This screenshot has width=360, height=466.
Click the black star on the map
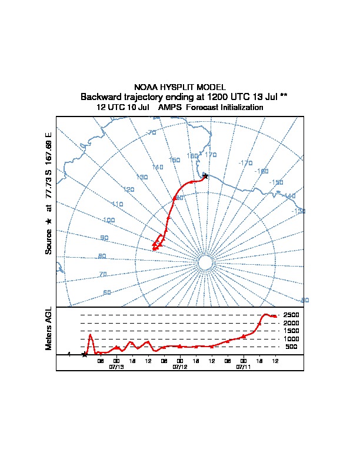click(x=205, y=175)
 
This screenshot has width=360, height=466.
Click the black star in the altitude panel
click(x=85, y=354)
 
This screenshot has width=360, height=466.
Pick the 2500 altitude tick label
click(x=291, y=315)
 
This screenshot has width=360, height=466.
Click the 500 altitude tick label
click(x=292, y=347)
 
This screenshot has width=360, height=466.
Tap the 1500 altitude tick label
click(x=291, y=331)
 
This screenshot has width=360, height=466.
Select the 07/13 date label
click(x=116, y=366)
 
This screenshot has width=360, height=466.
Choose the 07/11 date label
click(x=244, y=366)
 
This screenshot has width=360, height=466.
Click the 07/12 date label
click(x=180, y=366)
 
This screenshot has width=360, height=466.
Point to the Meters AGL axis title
click(x=49, y=328)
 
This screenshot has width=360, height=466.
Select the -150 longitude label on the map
click(x=276, y=182)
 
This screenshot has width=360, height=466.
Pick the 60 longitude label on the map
click(x=106, y=292)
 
